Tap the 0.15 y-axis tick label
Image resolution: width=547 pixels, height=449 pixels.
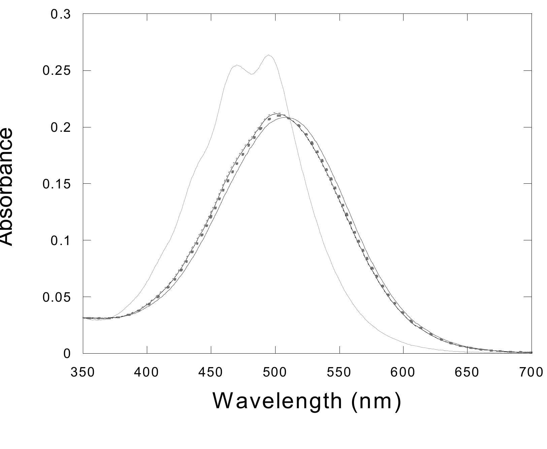(x=57, y=184)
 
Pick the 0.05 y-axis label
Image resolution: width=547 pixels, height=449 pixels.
(x=57, y=297)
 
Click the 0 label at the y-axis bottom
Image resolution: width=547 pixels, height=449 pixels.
(x=67, y=354)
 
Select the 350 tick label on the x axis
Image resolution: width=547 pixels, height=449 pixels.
(x=83, y=372)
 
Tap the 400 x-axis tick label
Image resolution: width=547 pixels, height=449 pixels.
(x=147, y=372)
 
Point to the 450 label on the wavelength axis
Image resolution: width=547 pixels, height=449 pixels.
(x=211, y=372)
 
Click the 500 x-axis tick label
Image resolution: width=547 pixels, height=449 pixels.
(x=275, y=372)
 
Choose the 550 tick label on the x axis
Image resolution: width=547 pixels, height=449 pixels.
(x=340, y=372)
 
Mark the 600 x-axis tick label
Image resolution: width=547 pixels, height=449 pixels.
(x=404, y=372)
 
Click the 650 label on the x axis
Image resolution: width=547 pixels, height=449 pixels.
(x=468, y=372)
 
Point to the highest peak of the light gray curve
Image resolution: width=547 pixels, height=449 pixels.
(x=268, y=55)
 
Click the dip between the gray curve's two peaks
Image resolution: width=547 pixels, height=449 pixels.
(x=252, y=74)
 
